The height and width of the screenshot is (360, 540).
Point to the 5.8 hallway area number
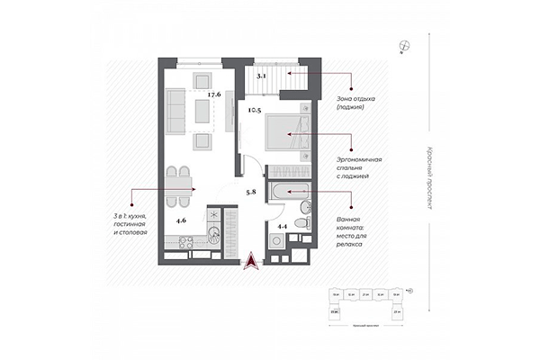252,192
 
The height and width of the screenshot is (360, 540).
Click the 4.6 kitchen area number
181,220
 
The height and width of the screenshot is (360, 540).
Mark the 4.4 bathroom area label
282,226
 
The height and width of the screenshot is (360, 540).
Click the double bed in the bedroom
287,135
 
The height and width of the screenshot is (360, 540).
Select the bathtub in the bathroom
289,192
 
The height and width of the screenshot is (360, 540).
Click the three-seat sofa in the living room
177,111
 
